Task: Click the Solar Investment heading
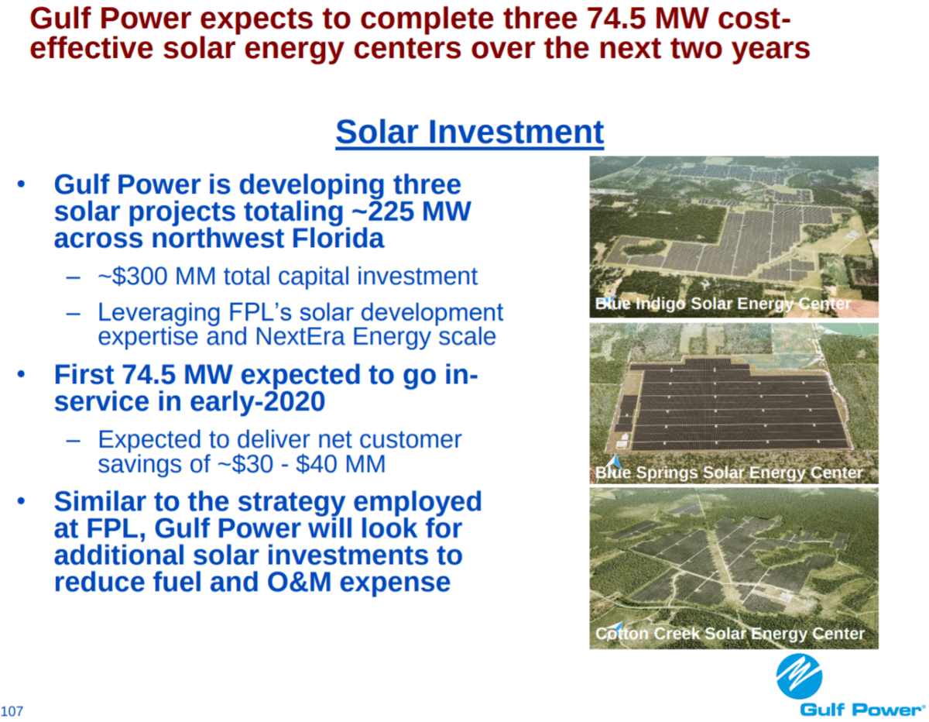coord(469,132)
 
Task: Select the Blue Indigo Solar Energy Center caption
coord(722,304)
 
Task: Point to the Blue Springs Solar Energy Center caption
coord(728,473)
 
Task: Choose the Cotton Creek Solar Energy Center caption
coord(729,634)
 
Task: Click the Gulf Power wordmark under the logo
coord(862,709)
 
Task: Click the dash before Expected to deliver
coord(74,439)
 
